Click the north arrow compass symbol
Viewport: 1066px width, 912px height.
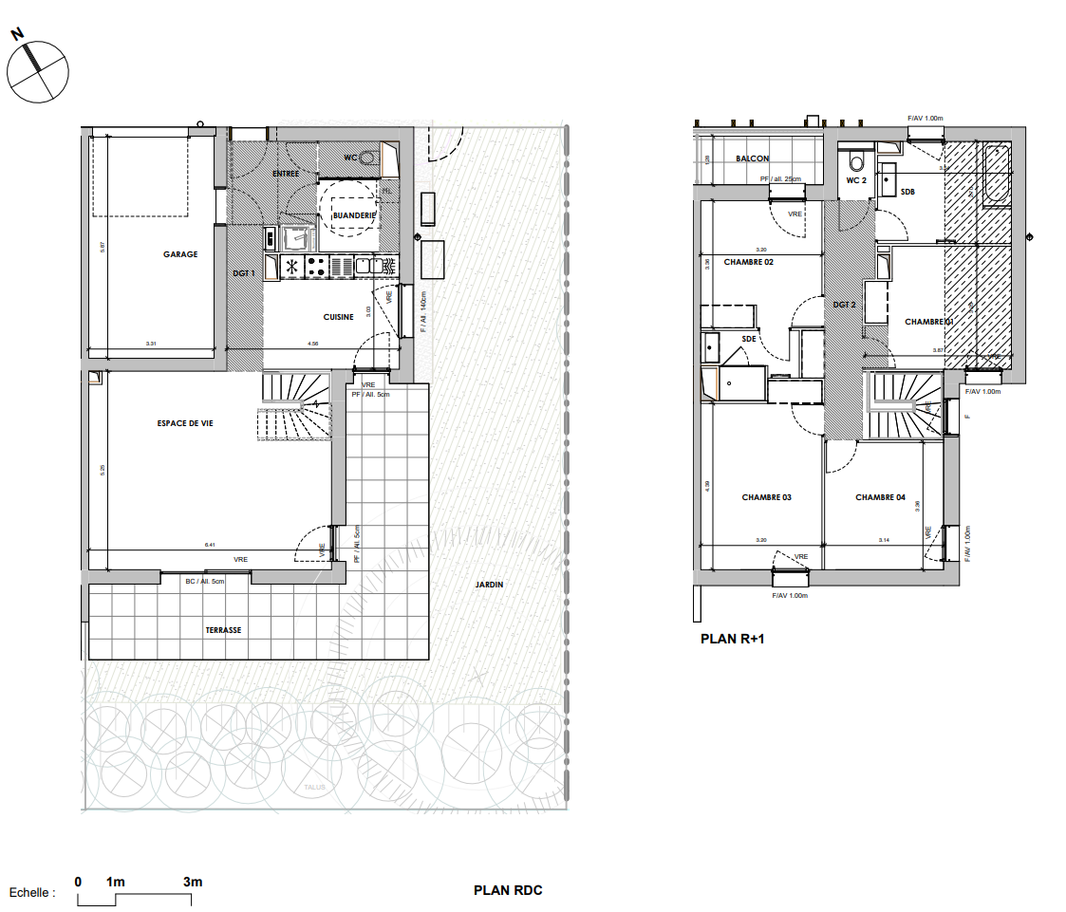point(37,70)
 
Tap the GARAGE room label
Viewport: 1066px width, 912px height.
point(180,254)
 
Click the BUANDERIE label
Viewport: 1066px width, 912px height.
point(354,216)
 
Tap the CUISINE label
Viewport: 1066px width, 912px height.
point(338,317)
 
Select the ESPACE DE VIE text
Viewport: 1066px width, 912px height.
point(185,423)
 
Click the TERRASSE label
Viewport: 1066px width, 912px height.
point(223,630)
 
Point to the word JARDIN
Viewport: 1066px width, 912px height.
point(489,585)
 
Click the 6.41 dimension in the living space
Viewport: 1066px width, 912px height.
point(210,545)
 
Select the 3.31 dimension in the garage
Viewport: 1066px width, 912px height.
point(151,343)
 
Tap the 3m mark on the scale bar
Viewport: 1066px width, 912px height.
point(193,883)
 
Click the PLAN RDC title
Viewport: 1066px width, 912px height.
point(508,891)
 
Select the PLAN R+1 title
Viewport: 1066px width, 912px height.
point(732,640)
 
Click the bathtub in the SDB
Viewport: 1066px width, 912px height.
point(996,176)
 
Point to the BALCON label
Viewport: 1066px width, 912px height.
point(753,158)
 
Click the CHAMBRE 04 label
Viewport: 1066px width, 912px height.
point(880,497)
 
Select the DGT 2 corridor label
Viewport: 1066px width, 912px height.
point(845,305)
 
